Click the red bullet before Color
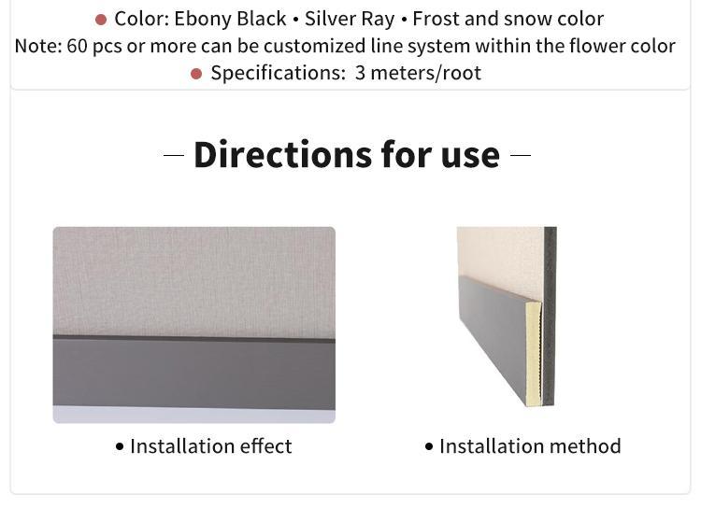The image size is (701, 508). point(101,20)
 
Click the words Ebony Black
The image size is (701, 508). point(230,20)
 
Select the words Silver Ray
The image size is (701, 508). point(350,20)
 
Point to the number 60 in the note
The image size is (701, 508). point(77,46)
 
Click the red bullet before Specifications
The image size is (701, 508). point(196,74)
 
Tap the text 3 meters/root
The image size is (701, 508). point(418,73)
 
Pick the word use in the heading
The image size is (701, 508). point(470,156)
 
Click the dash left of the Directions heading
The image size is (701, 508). point(174,156)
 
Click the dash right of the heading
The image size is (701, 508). point(521,156)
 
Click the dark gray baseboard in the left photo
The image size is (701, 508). point(194,373)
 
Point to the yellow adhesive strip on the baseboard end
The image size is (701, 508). point(534,354)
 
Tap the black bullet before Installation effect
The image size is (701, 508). point(120,446)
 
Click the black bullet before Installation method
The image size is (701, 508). point(429,446)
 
